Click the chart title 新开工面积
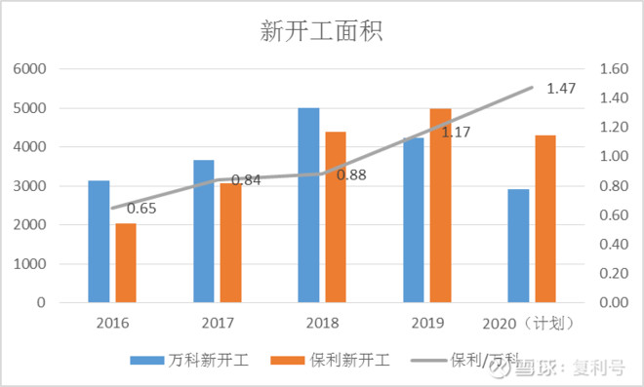[x=321, y=31]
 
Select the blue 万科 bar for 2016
[x=99, y=242]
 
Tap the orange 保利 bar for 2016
[x=126, y=263]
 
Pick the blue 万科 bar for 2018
[x=308, y=205]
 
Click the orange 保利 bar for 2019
[x=440, y=206]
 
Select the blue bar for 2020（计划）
[x=518, y=246]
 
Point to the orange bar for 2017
[x=231, y=243]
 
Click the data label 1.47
[x=561, y=89]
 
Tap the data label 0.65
[x=141, y=209]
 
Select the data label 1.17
[x=456, y=133]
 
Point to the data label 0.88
[x=351, y=175]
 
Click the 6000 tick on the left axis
[x=29, y=69]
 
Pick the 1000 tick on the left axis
[x=29, y=264]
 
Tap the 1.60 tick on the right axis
[x=614, y=69]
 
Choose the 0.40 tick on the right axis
[x=614, y=244]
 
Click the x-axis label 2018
[x=322, y=323]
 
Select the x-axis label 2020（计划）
[x=529, y=324]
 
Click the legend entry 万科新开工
[x=189, y=361]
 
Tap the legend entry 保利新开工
[x=330, y=361]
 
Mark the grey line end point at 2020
[x=532, y=88]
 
